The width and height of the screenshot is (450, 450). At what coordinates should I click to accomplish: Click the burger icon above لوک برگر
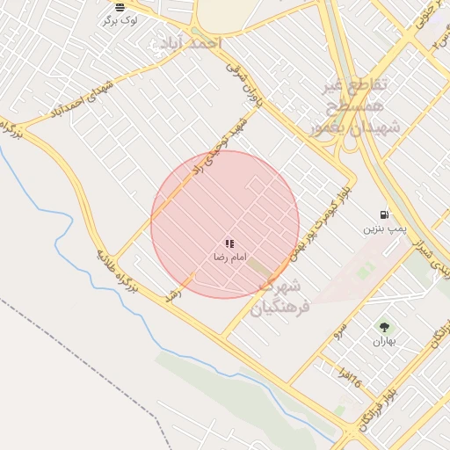click(120, 7)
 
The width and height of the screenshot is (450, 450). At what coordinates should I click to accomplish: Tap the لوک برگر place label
click(120, 19)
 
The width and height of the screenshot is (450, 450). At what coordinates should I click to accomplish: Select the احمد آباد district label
click(188, 42)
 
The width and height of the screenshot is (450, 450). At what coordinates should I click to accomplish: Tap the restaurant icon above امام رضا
click(229, 243)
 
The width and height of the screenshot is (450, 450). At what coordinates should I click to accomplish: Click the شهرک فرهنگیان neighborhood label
click(279, 297)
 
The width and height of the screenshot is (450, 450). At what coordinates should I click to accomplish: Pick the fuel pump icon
click(384, 214)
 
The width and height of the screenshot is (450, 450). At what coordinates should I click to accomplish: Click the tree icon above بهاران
click(383, 326)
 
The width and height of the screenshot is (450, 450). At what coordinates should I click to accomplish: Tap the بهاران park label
click(383, 340)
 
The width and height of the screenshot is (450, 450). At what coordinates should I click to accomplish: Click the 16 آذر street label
click(352, 379)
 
